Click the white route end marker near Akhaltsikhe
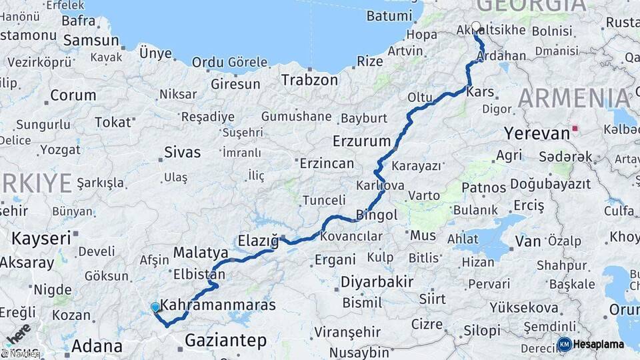point(476,27)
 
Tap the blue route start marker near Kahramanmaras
point(155,307)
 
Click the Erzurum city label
point(361,141)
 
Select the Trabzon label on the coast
point(309,80)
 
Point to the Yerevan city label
point(537,133)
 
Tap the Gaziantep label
point(225,341)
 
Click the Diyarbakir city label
point(377,281)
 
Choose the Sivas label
point(182,152)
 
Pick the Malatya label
point(201,253)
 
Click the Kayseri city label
point(41,237)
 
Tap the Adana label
point(97,346)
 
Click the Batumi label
point(393,15)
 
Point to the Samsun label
point(91,40)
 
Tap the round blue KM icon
point(564,345)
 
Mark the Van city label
point(528,241)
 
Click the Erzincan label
point(327,163)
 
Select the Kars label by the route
point(481,92)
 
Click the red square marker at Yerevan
point(575,128)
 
